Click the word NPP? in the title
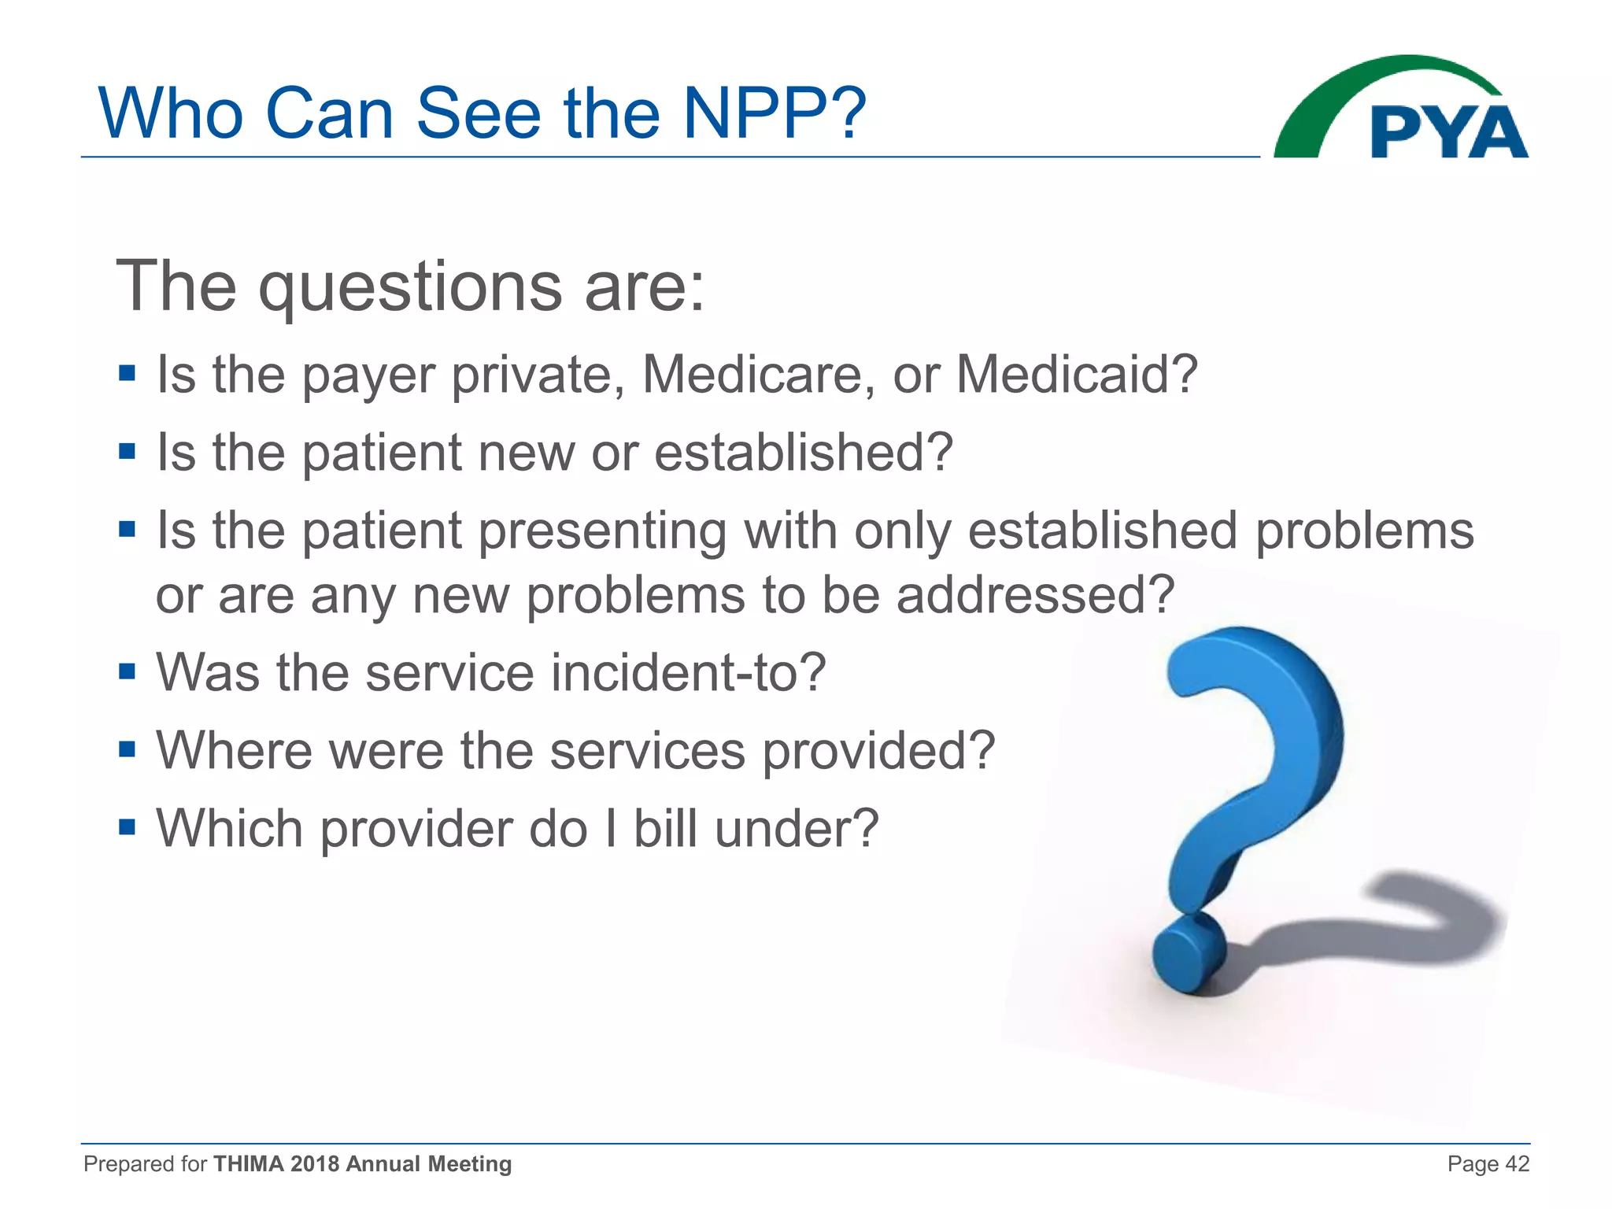pos(774,114)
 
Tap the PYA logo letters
pos(1448,132)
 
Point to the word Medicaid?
pos(1076,374)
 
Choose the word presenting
pos(602,531)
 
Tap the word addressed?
pos(1035,595)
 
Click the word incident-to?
pos(688,673)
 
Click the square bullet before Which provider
pos(127,827)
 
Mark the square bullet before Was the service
pos(127,671)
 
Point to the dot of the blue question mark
pos(1189,955)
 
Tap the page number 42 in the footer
pos(1517,1164)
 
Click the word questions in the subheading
pos(410,287)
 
